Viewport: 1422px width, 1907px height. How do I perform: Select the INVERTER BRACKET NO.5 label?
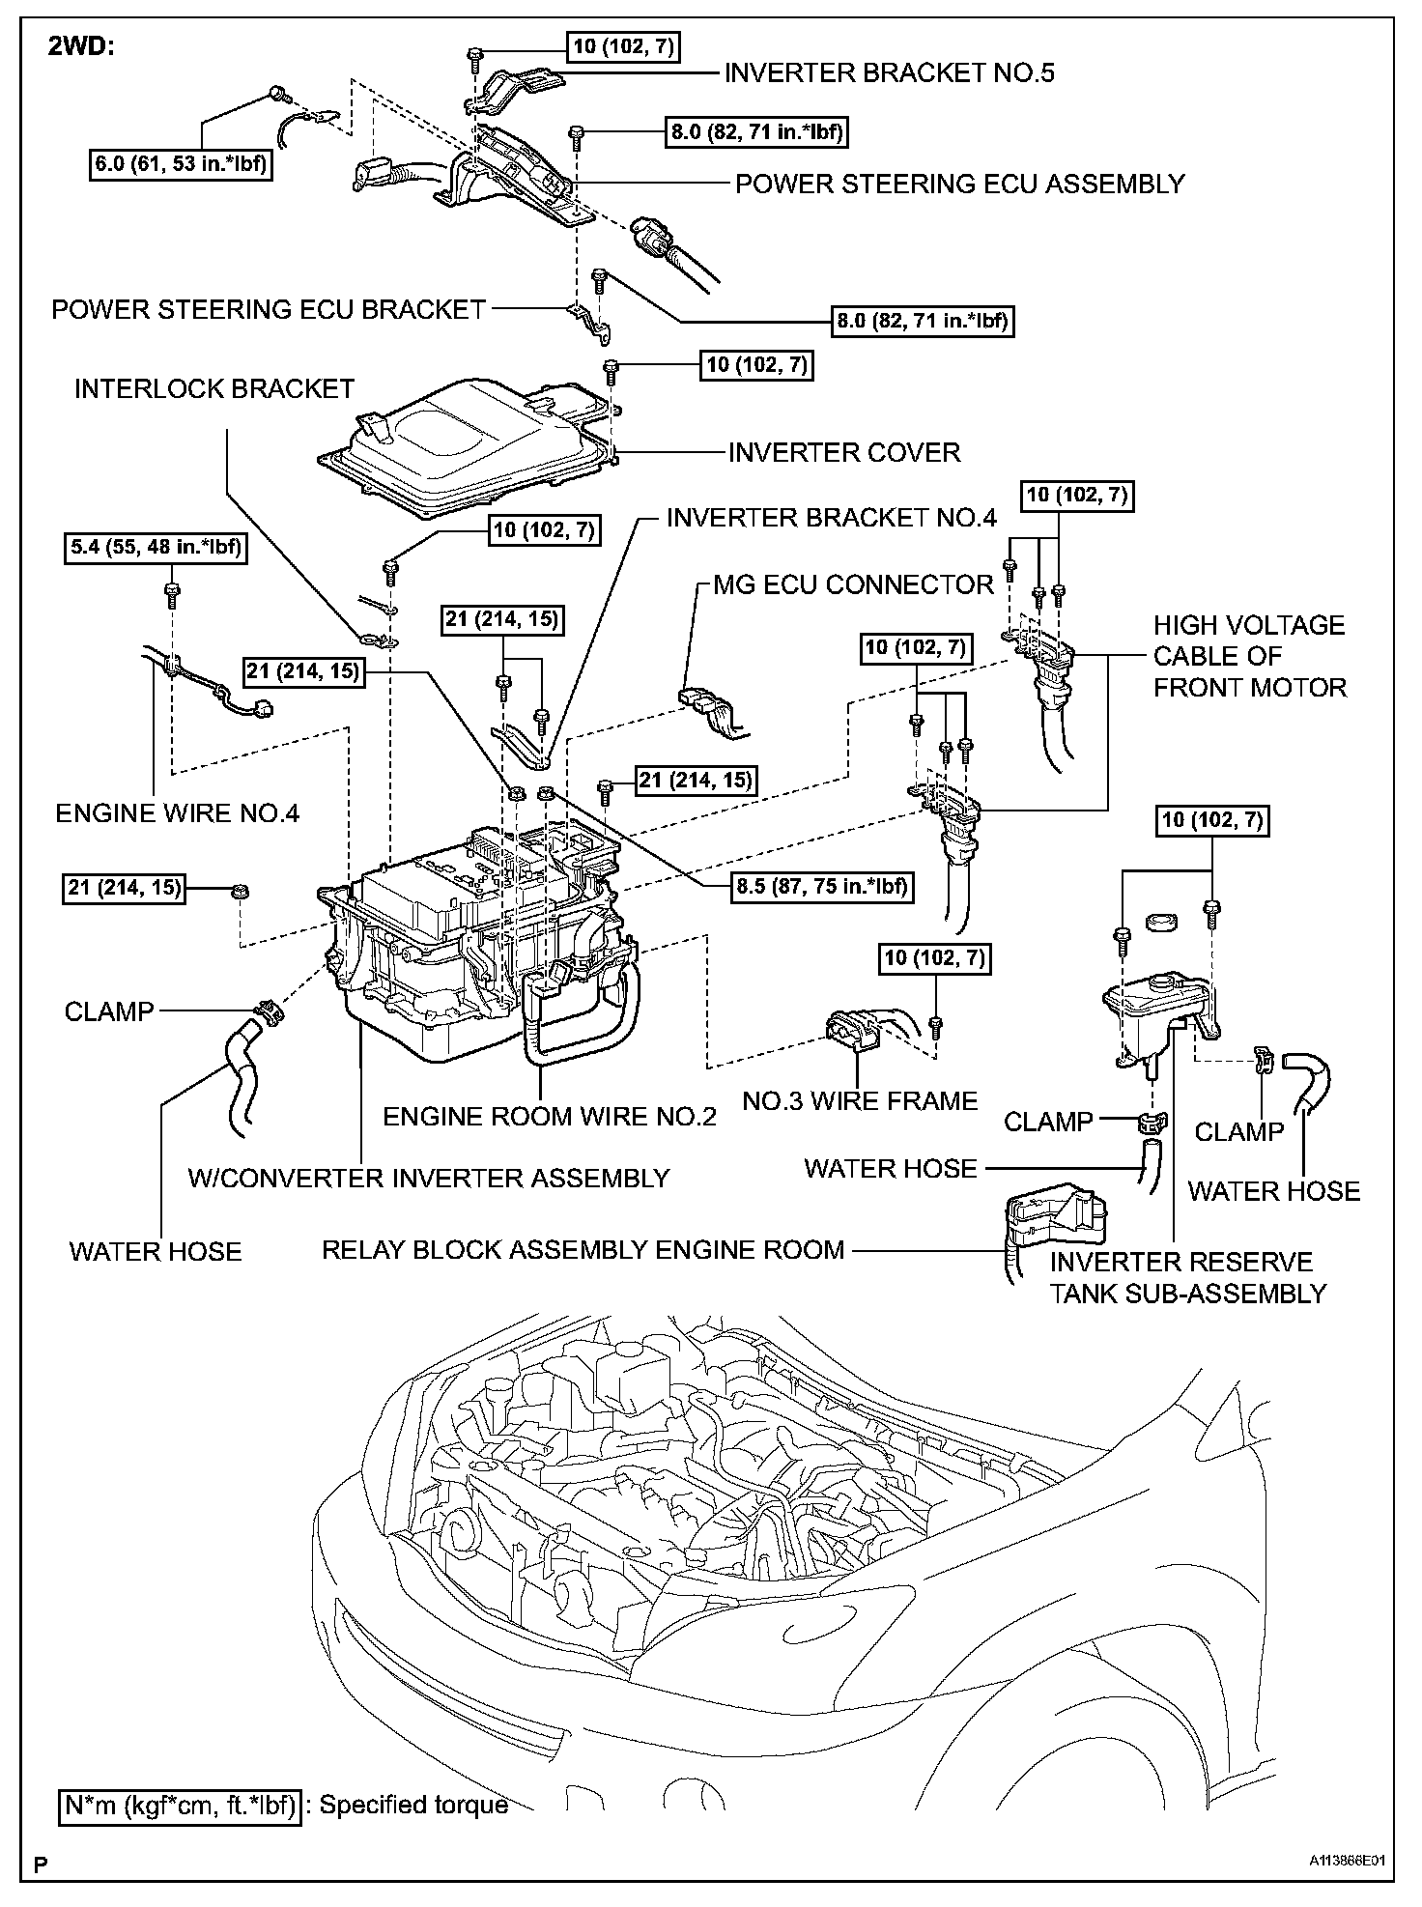[889, 72]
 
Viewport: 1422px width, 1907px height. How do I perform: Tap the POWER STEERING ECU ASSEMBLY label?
[959, 184]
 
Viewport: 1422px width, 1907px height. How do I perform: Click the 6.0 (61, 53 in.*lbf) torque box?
[181, 164]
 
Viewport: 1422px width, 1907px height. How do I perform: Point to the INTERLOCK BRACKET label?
[214, 388]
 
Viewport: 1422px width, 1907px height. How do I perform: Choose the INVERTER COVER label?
[843, 452]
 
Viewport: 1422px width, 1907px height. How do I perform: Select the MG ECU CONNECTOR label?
[853, 584]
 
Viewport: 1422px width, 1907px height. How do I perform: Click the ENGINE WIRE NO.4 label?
[177, 812]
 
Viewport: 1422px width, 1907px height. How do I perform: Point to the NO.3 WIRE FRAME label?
[860, 1100]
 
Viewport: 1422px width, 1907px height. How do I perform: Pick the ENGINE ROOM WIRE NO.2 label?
[549, 1117]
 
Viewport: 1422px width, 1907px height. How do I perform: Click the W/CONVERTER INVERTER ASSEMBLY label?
[428, 1178]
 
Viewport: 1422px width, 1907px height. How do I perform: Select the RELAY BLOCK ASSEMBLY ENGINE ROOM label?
[583, 1249]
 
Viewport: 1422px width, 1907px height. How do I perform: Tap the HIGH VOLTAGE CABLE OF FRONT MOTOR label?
[1249, 656]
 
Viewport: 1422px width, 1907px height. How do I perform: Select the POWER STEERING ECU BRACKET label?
[268, 309]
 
